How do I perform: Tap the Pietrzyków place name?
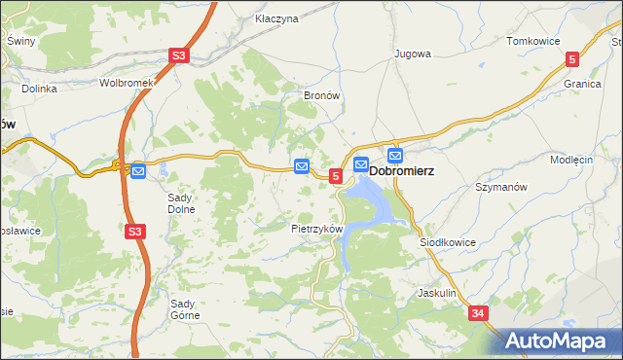click(x=317, y=229)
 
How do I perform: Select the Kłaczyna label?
click(x=275, y=18)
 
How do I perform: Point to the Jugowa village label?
click(x=411, y=54)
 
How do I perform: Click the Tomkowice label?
click(x=531, y=41)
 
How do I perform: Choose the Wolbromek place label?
click(x=127, y=83)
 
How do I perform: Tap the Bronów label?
click(x=321, y=96)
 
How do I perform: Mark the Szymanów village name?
click(x=500, y=186)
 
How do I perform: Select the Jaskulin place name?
click(x=436, y=292)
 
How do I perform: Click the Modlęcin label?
click(x=571, y=160)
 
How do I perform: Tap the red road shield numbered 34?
click(x=477, y=313)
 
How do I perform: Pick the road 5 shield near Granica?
click(x=572, y=59)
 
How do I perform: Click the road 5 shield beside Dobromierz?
click(x=336, y=176)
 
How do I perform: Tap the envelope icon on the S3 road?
click(x=138, y=171)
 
